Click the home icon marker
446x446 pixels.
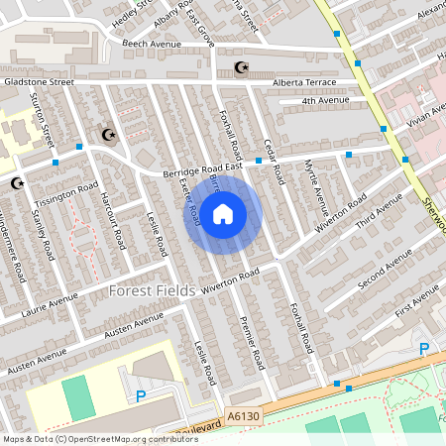click(223, 212)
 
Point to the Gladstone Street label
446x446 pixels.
click(39, 82)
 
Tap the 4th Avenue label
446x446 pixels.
click(326, 100)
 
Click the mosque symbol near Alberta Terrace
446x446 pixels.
click(239, 67)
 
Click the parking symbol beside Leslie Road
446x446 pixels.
click(141, 394)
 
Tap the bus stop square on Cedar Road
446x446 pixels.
click(258, 161)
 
